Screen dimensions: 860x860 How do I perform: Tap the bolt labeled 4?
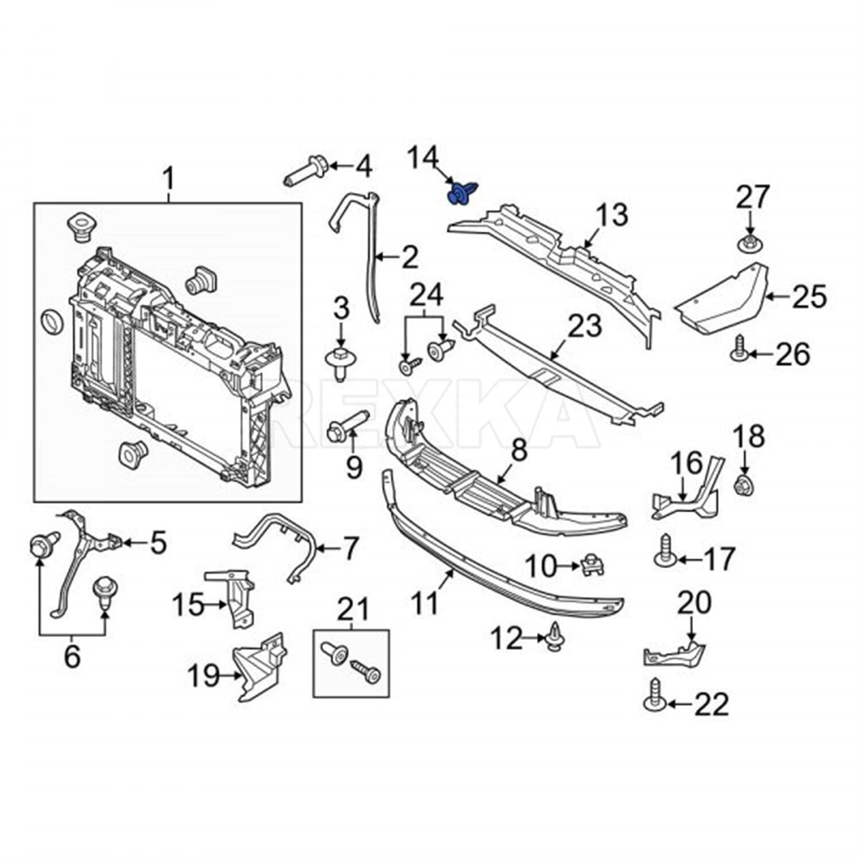[307, 170]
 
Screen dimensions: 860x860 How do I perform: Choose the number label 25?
[810, 296]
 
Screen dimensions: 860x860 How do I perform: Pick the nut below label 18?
[743, 484]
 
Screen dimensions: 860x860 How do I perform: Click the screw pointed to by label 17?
[664, 551]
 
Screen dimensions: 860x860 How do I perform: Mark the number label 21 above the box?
[352, 609]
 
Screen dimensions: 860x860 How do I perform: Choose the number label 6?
[72, 656]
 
